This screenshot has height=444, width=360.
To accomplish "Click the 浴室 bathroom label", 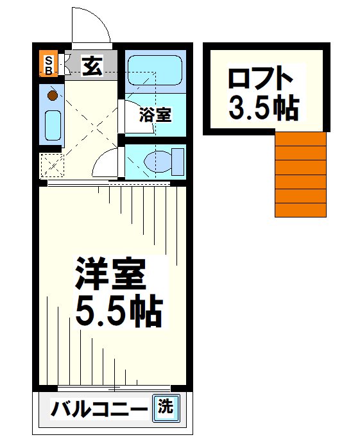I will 156,115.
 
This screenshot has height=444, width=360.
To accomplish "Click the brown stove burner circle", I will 53,96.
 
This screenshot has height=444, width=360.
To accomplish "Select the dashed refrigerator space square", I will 51,165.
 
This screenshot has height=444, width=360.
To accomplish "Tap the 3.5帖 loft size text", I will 263,108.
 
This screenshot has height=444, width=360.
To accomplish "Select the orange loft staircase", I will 300,174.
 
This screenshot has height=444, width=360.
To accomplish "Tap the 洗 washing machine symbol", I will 166,407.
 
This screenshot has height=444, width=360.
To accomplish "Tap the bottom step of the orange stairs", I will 300,210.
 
